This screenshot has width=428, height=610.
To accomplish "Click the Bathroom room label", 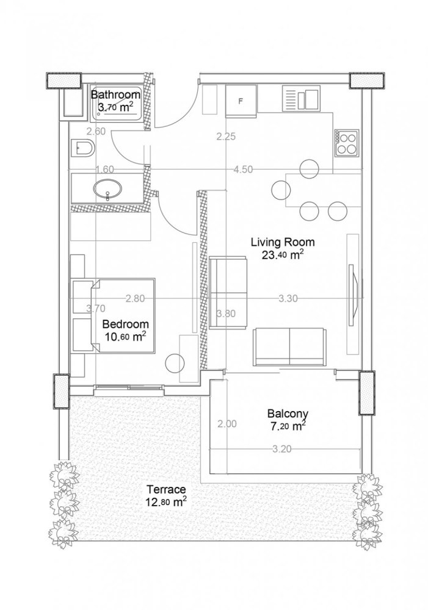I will tap(116, 95).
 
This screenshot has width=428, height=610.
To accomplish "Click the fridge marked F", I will tap(240, 101).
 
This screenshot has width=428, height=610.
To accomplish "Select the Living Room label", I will tap(278, 242).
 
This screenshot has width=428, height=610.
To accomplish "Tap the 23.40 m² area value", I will tap(278, 256).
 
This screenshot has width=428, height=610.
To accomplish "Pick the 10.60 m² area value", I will tap(125, 337).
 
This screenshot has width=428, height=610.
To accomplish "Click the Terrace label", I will tap(165, 489).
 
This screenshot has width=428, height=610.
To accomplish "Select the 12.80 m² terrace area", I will tap(165, 503).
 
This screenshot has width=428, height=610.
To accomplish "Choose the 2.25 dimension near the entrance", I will tap(226, 137).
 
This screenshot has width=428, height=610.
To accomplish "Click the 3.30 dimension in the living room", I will tap(288, 298).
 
